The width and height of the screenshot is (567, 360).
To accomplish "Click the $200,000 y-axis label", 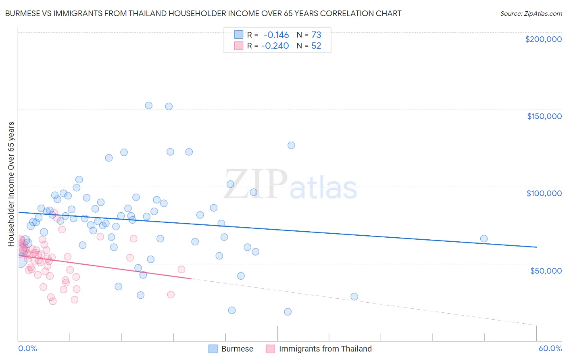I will click(x=543, y=39).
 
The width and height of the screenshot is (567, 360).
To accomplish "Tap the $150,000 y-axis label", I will click(x=544, y=116).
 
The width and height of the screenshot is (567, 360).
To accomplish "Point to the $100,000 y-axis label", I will click(x=544, y=193).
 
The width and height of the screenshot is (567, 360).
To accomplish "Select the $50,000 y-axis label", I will click(x=546, y=271).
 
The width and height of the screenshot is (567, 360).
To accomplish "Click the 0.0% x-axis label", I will click(x=27, y=349).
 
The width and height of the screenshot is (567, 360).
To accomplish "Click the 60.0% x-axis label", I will click(x=550, y=349).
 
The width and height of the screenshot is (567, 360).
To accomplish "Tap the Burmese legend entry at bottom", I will click(x=231, y=349).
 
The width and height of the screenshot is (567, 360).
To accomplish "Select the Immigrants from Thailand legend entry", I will click(x=319, y=349).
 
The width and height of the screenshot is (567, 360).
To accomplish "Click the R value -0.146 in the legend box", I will click(x=276, y=35).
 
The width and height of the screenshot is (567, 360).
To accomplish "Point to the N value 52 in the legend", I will click(x=316, y=46).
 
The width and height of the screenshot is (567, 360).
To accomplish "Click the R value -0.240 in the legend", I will click(x=275, y=46).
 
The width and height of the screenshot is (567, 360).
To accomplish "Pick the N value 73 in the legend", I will click(x=316, y=35).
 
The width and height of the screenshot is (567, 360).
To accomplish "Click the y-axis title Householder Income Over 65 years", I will click(x=11, y=184).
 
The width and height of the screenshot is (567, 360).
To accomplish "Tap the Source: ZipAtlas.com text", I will click(x=531, y=14).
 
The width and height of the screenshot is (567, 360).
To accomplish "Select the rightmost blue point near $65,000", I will click(x=484, y=239).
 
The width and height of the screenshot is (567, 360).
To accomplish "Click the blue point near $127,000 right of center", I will click(x=291, y=145).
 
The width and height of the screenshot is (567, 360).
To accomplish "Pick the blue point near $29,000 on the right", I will click(x=354, y=297).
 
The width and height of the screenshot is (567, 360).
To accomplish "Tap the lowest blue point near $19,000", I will click(x=288, y=312).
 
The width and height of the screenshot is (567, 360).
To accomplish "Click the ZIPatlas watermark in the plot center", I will click(x=290, y=185).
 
